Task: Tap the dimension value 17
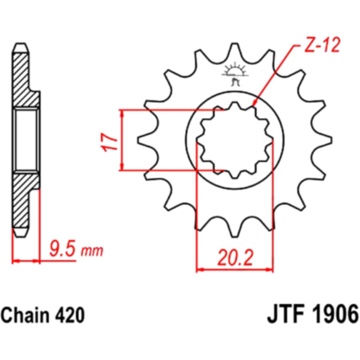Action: (x=109, y=142)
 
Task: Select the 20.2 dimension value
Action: (x=235, y=257)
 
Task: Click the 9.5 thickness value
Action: (x=62, y=250)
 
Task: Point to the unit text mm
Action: (x=92, y=251)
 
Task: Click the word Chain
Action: (x=25, y=315)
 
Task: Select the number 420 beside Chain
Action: (x=70, y=315)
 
